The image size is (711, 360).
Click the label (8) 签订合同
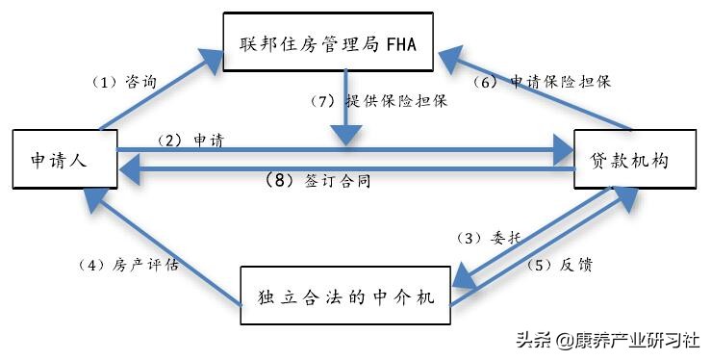[x=318, y=180]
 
